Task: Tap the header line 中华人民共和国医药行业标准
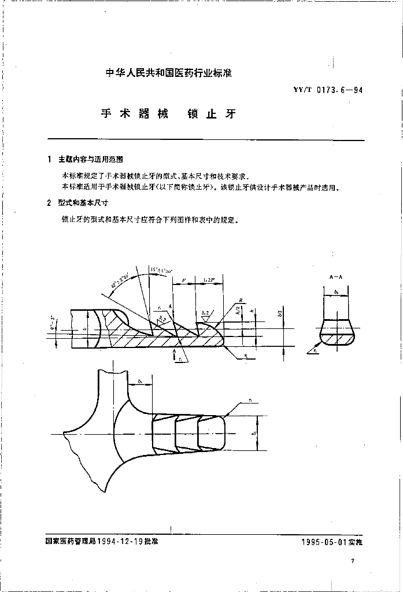pos(169,73)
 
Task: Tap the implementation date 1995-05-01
pos(321,542)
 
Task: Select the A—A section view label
pos(335,277)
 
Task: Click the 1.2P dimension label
pos(209,279)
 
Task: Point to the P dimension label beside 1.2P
pos(183,279)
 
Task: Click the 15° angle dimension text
pos(158,269)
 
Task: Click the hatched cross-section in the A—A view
pos(335,334)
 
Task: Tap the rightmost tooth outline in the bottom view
pos(211,432)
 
